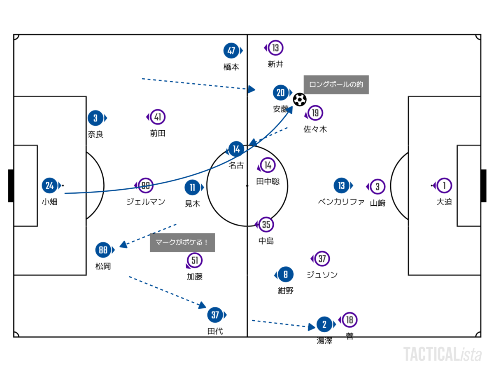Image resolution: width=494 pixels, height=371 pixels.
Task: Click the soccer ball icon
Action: tap(300, 99)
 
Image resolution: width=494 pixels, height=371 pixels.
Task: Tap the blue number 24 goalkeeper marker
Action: tap(50, 185)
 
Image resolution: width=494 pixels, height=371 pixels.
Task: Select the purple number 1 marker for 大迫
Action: tap(444, 185)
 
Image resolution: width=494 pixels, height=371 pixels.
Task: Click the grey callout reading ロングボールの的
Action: tap(336, 85)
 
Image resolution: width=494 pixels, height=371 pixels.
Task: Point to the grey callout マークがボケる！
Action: tap(182, 243)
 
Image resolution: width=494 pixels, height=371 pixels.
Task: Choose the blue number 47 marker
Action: tap(231, 51)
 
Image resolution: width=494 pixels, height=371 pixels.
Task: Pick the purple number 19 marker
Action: tap(315, 113)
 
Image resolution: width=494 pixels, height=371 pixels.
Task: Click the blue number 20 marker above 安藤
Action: tap(281, 93)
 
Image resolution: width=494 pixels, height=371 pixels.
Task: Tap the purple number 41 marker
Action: tap(158, 117)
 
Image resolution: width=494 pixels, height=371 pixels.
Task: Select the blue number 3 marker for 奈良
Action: tap(96, 118)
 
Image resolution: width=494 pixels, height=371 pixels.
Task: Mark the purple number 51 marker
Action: tap(195, 261)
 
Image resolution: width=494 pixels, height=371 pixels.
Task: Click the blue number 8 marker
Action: tap(286, 274)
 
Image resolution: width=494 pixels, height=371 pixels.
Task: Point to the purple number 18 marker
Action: tap(350, 319)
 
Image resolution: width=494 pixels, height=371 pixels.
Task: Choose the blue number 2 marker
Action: tap(324, 325)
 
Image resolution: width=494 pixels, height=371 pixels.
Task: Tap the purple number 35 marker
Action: tap(266, 224)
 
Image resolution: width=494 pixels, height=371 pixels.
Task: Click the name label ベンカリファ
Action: tap(341, 202)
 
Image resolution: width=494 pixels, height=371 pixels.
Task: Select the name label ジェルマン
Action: tap(145, 202)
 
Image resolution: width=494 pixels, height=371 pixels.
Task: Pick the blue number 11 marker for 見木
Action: tap(192, 188)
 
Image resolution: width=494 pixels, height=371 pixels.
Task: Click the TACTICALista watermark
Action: tap(443, 354)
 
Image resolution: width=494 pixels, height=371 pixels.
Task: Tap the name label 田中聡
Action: tap(268, 181)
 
